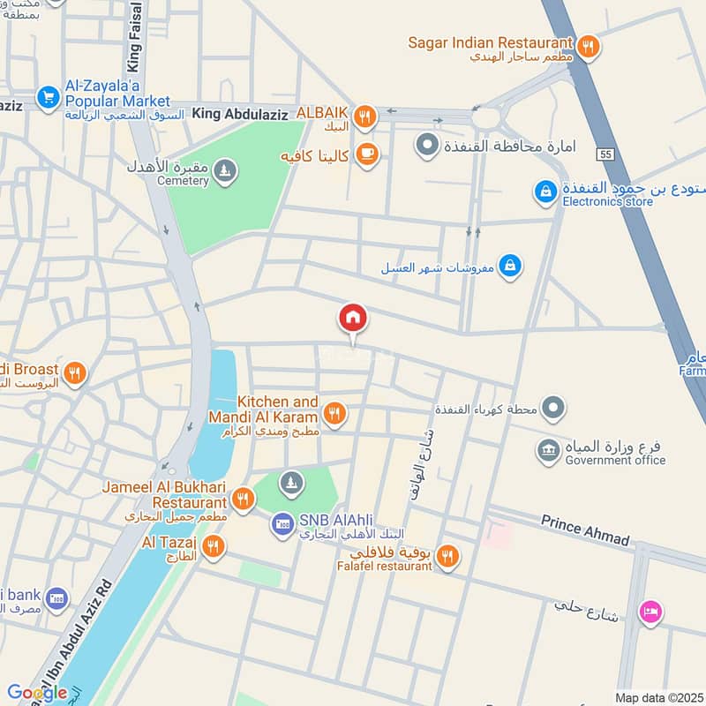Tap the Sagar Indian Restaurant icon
pyautogui.click(x=589, y=45)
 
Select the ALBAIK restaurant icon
pyautogui.click(x=364, y=116)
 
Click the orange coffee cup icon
pyautogui.click(x=365, y=154)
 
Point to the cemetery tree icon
pyautogui.click(x=226, y=168)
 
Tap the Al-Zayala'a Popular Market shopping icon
pyautogui.click(x=47, y=96)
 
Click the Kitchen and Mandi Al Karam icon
pyautogui.click(x=334, y=412)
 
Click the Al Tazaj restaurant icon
pyautogui.click(x=213, y=547)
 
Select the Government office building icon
pyautogui.click(x=547, y=451)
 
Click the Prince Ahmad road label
pyautogui.click(x=586, y=530)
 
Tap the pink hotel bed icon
pyautogui.click(x=651, y=612)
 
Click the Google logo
pyautogui.click(x=36, y=693)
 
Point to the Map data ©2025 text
pyautogui.click(x=657, y=697)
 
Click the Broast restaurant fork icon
pyautogui.click(x=74, y=373)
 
